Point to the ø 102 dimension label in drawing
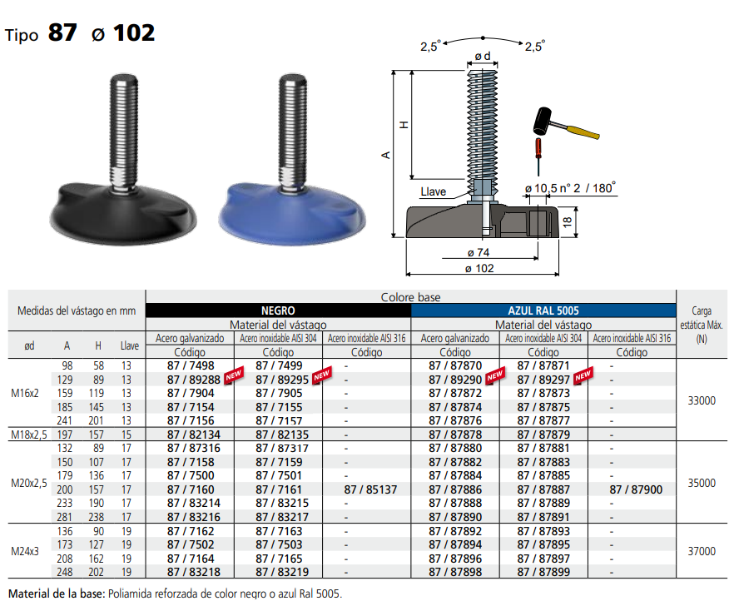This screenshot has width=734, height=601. pyautogui.click(x=480, y=268)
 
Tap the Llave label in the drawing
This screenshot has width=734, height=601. pyautogui.click(x=434, y=191)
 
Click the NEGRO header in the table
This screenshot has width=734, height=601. pyautogui.click(x=278, y=310)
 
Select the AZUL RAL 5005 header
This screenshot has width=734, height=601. pyautogui.click(x=543, y=310)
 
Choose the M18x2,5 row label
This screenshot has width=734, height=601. pyautogui.click(x=30, y=435)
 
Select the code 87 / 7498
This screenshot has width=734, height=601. pyautogui.click(x=191, y=365)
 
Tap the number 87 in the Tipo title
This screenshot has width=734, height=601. pyautogui.click(x=62, y=32)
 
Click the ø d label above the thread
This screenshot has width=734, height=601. pyautogui.click(x=482, y=56)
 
